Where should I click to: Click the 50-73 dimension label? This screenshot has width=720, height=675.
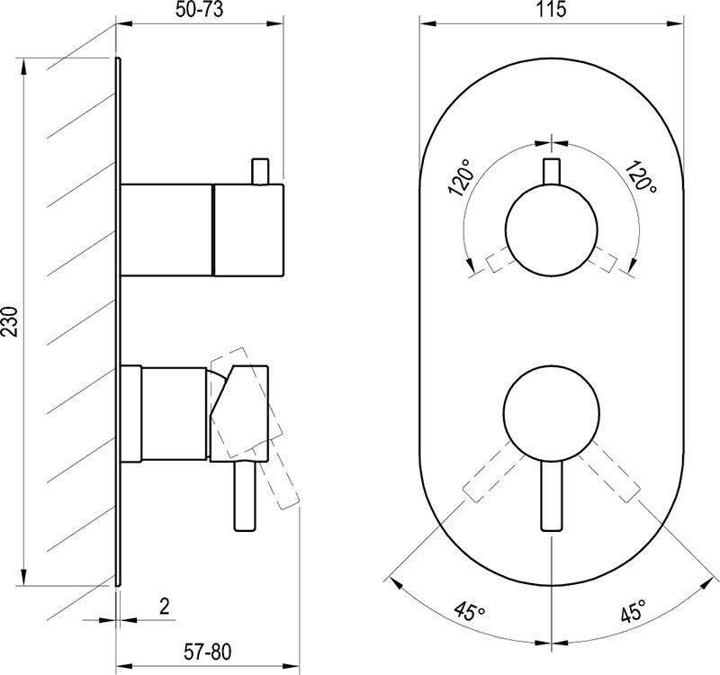tap(199, 10)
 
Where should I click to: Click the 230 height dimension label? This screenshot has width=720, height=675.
tap(10, 321)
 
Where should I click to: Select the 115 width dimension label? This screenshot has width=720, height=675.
tap(551, 9)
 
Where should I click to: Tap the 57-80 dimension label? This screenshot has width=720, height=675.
tap(208, 652)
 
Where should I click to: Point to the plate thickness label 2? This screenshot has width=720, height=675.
tap(165, 606)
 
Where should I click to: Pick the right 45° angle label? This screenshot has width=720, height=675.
tap(634, 611)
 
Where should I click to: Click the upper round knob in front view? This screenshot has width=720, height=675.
tap(551, 229)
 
